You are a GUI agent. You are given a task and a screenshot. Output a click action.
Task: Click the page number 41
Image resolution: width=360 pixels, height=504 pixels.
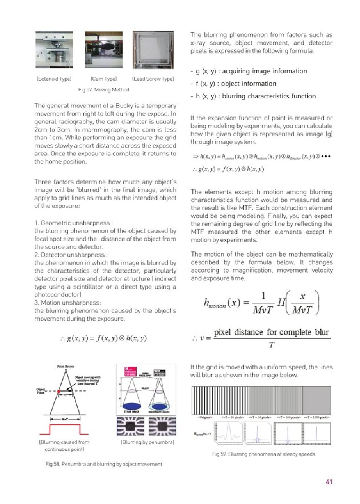(328, 481)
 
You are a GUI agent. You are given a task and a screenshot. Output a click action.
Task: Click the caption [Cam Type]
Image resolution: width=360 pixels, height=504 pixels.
(104, 79)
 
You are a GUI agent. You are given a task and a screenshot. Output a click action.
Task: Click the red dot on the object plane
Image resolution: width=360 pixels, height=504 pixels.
(59, 392)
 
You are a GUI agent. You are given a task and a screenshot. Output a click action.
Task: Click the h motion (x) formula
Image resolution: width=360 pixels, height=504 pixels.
(262, 304)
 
